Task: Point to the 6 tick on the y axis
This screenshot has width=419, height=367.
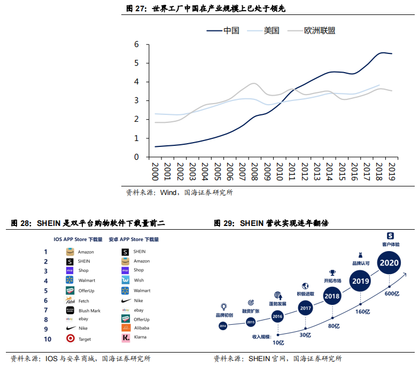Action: tap(136, 44)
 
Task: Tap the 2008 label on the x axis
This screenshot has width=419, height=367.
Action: tap(256, 172)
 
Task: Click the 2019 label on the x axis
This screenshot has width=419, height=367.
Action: tap(391, 172)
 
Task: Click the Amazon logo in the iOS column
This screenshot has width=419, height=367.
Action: tap(70, 252)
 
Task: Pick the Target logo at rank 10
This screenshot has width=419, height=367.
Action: tap(70, 338)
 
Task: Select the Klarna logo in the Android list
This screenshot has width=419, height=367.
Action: tap(125, 338)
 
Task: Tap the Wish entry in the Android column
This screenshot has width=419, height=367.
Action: tap(138, 280)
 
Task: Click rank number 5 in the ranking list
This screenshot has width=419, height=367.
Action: tap(46, 291)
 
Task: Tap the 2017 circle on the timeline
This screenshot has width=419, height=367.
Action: tap(305, 308)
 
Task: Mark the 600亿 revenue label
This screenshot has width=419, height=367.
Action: tap(392, 293)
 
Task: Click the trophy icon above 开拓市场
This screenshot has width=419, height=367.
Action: tap(332, 273)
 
